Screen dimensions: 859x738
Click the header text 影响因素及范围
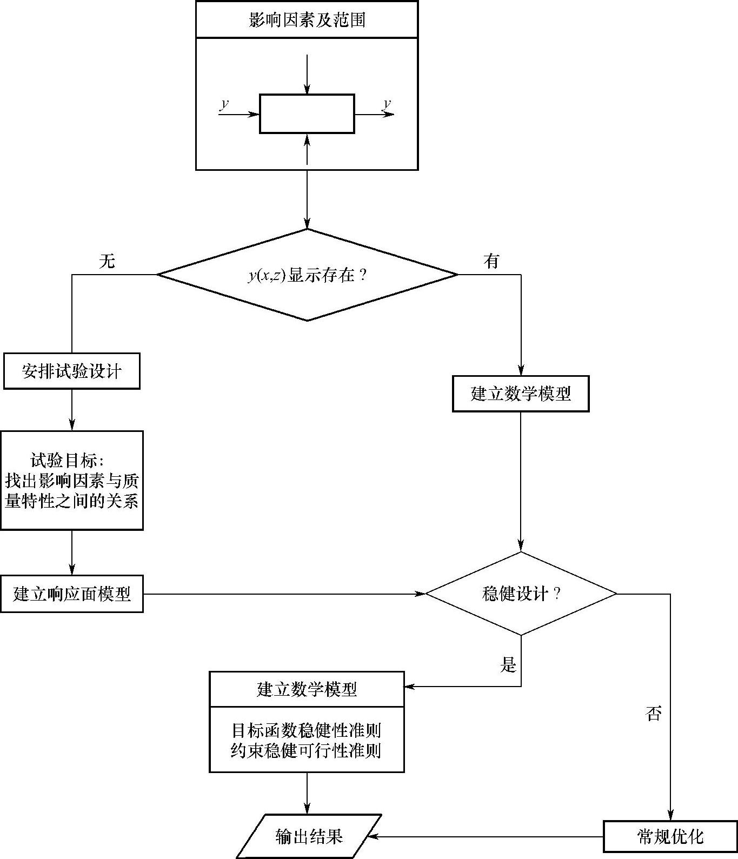pyautogui.click(x=307, y=20)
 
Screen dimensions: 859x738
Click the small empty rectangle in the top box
pyautogui.click(x=307, y=114)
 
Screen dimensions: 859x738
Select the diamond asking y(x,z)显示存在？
pyautogui.click(x=307, y=275)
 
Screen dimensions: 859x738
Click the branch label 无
pyautogui.click(x=107, y=262)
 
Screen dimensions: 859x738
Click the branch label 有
pyautogui.click(x=491, y=262)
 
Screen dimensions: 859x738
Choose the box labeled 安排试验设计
pyautogui.click(x=71, y=371)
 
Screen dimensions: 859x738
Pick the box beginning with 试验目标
pyautogui.click(x=71, y=481)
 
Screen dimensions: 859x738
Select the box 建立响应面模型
pyautogui.click(x=71, y=594)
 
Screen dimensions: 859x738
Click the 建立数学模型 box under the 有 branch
pyautogui.click(x=520, y=394)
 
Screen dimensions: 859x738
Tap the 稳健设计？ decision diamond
pyautogui.click(x=521, y=594)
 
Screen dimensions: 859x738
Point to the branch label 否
pyautogui.click(x=653, y=714)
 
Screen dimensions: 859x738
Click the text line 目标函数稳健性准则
pyautogui.click(x=307, y=731)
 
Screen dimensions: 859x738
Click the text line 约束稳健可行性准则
pyautogui.click(x=307, y=751)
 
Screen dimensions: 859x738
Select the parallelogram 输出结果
pyautogui.click(x=309, y=836)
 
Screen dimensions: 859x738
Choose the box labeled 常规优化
pyautogui.click(x=670, y=837)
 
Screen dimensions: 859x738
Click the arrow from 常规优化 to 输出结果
pyautogui.click(x=487, y=836)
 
